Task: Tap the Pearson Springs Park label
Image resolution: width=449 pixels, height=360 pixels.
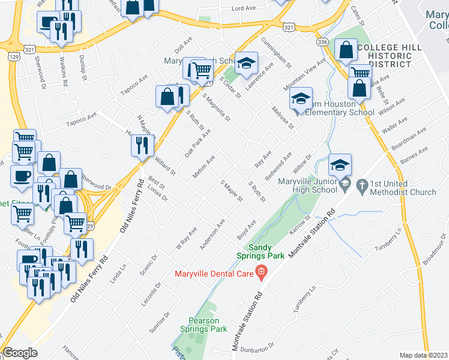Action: [204, 325]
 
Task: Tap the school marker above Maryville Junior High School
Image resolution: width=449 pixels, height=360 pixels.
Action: [340, 164]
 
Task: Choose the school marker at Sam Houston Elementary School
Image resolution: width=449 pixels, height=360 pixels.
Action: [301, 99]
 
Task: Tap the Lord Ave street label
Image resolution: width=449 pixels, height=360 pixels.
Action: [243, 8]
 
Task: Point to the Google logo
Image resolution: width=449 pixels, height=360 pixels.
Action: [20, 353]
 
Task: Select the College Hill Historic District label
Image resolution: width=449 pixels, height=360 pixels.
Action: [390, 55]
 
